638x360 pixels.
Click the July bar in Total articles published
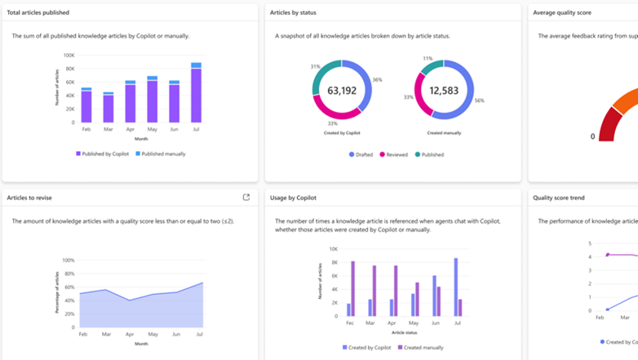click(x=197, y=94)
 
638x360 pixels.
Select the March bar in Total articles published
click(x=109, y=108)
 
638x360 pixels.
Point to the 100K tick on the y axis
click(x=69, y=56)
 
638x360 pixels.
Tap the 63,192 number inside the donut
click(x=342, y=91)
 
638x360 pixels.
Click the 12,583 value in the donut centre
click(x=444, y=91)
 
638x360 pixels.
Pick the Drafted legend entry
click(x=361, y=154)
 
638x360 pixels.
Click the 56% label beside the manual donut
click(x=479, y=100)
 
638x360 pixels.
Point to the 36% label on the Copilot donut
click(x=377, y=80)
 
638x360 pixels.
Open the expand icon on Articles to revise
click(x=246, y=197)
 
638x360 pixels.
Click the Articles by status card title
click(x=293, y=12)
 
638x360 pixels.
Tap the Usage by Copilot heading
click(x=293, y=198)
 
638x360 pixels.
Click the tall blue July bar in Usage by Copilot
click(x=455, y=287)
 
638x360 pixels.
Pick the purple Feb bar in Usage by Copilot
click(x=353, y=288)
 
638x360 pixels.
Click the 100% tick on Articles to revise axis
click(x=69, y=260)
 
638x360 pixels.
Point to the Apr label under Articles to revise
click(x=129, y=335)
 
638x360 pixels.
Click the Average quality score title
click(x=561, y=12)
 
